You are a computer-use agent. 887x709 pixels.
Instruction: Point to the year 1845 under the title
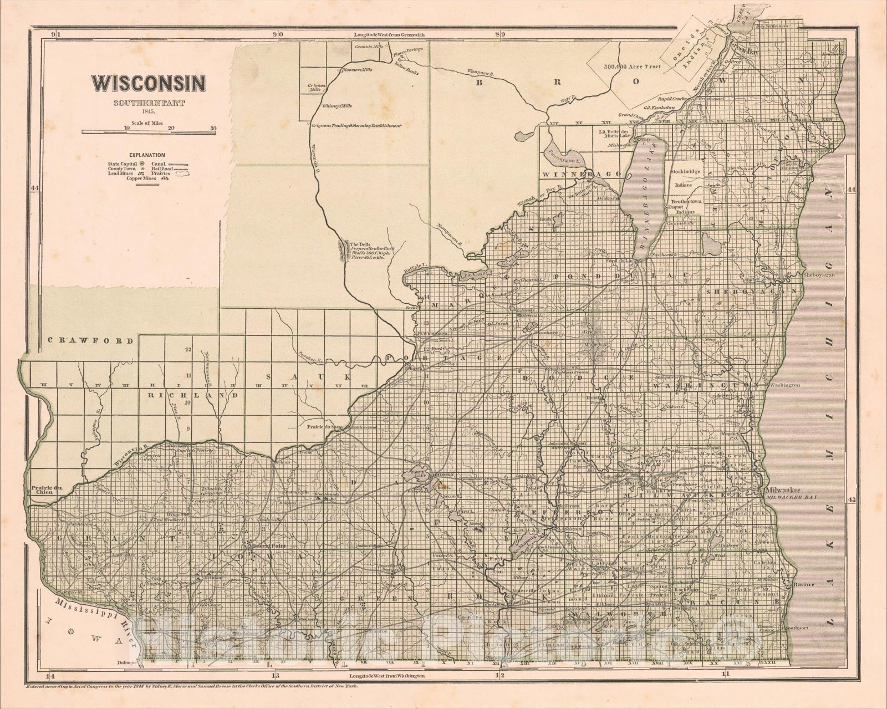148,112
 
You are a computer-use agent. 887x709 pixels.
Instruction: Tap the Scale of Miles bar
149,132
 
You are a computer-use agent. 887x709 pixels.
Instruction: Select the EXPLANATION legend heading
147,156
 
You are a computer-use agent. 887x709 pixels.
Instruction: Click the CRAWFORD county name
90,341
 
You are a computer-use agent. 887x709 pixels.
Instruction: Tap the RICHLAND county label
193,395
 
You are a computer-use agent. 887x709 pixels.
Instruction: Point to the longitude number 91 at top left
55,34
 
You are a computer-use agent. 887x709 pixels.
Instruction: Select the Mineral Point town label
268,545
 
